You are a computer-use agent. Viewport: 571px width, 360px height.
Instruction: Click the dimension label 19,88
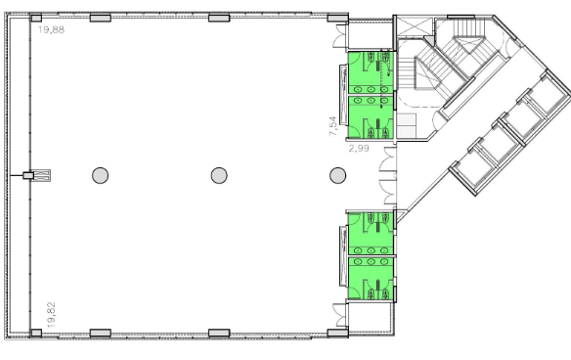[x=52, y=30]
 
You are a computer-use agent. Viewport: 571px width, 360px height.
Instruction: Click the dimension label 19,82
[x=52, y=315]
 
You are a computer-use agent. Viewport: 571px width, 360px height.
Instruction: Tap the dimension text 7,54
[x=332, y=126]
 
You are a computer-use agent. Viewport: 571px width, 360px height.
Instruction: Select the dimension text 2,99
[x=359, y=149]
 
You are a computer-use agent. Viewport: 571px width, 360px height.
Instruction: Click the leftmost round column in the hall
[x=100, y=175]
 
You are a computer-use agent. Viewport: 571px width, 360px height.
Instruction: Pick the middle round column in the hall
[x=219, y=175]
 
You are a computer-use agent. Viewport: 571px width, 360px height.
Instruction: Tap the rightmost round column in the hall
[x=337, y=175]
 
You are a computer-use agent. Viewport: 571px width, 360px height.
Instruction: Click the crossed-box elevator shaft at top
[x=415, y=26]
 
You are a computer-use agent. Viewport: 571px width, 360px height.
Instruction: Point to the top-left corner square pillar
[x=35, y=18]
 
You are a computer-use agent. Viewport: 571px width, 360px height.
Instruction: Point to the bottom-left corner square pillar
[x=35, y=333]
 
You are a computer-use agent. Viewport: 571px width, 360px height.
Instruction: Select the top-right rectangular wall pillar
[x=338, y=18]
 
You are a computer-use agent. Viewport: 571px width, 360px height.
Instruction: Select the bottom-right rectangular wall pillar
[x=338, y=333]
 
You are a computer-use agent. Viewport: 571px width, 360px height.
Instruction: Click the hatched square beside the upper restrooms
[x=406, y=126]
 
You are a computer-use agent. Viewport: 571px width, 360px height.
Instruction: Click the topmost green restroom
[x=371, y=72]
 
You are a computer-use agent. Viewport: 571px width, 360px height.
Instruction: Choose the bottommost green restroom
[x=371, y=279]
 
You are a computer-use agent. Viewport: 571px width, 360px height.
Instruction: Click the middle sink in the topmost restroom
[x=371, y=89]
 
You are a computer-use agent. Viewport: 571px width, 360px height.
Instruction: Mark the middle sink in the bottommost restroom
[x=371, y=261]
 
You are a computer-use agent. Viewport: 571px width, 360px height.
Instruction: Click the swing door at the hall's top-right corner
[x=340, y=36]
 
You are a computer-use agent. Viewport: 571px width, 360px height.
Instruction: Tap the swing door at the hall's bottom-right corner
[x=340, y=315]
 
